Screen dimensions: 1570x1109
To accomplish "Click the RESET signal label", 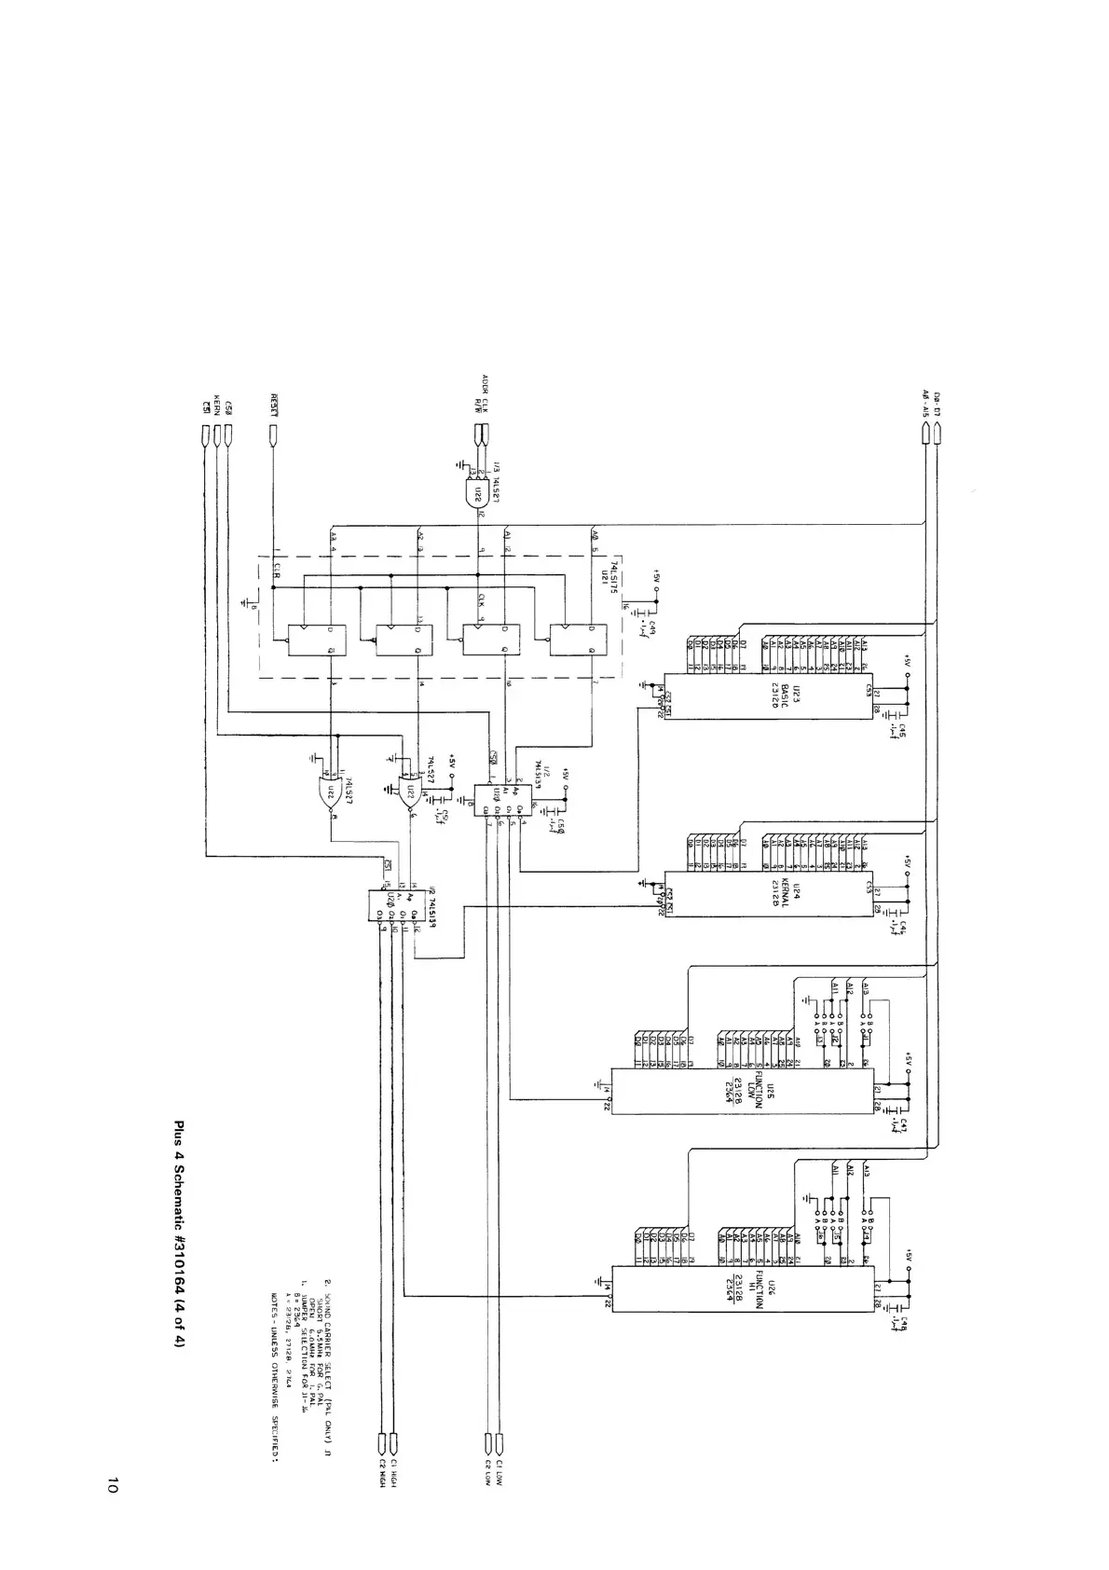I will pyautogui.click(x=274, y=403).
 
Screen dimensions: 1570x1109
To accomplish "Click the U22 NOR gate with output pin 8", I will pyautogui.click(x=331, y=795).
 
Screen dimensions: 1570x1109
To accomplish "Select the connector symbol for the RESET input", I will pyautogui.click(x=274, y=434).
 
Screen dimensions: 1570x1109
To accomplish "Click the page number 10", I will pyautogui.click(x=113, y=1486).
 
